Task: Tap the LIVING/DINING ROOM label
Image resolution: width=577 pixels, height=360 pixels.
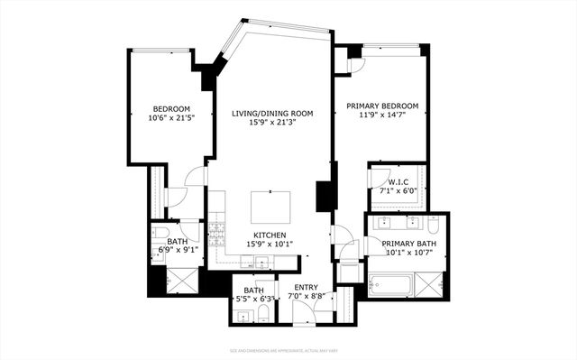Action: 271,114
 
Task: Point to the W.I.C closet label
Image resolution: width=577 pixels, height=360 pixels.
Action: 397,180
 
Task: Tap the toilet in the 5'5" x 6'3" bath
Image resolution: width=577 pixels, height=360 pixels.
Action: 262,312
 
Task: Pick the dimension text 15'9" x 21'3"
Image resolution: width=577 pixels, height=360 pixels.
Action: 271,124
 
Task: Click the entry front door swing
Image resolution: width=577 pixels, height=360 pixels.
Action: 305,311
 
